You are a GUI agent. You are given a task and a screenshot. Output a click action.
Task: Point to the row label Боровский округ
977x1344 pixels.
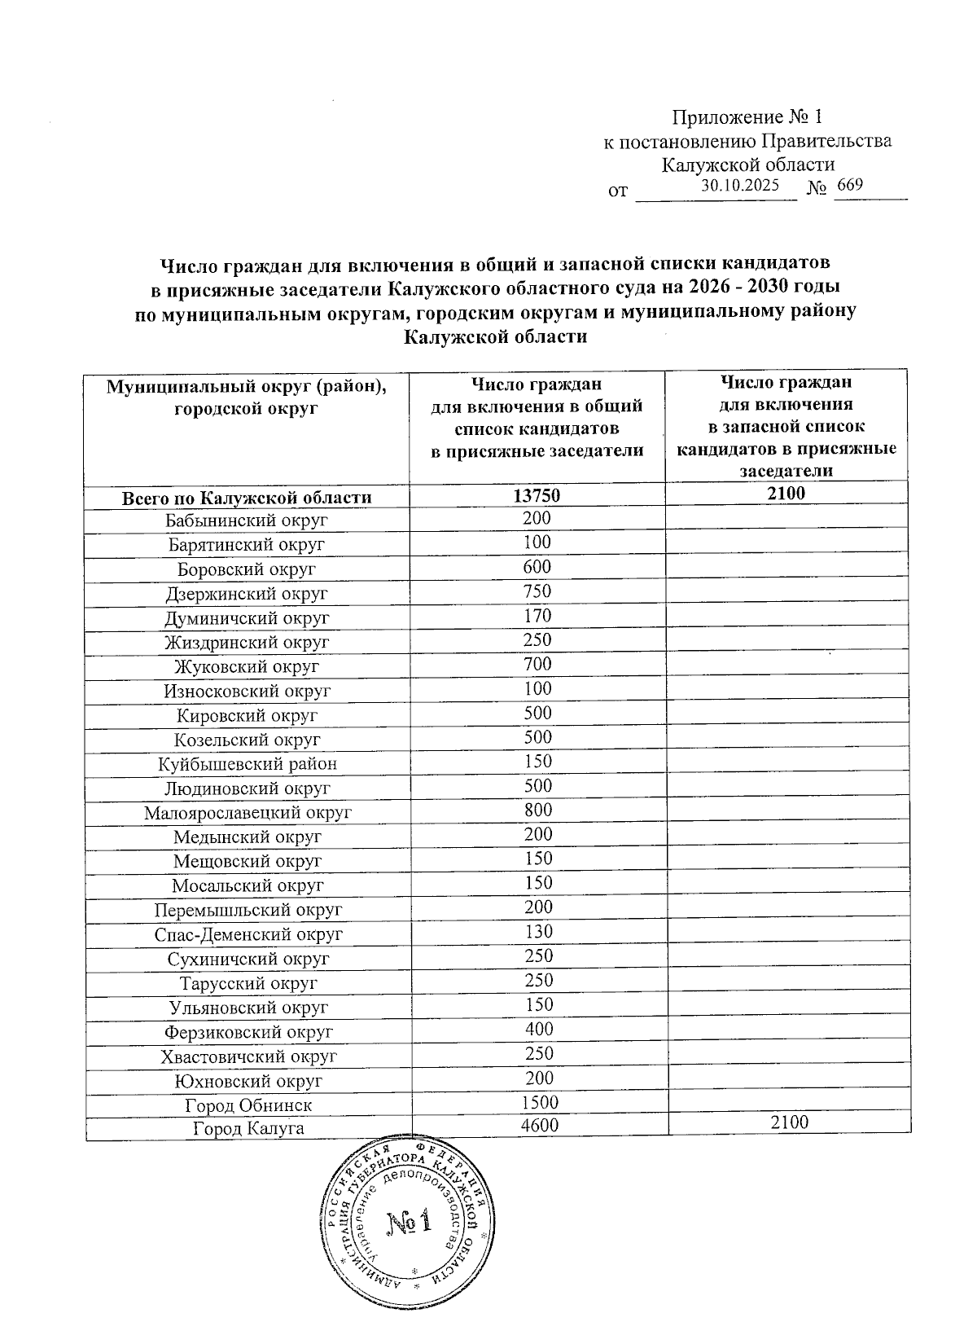(247, 569)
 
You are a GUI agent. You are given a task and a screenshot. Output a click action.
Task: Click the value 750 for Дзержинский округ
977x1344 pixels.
(537, 591)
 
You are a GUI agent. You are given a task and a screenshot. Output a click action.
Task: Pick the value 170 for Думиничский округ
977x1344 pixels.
(537, 616)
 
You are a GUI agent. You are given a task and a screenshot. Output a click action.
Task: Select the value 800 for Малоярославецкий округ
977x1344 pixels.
(537, 810)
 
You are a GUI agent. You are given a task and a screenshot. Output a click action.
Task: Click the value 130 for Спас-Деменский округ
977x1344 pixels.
(537, 931)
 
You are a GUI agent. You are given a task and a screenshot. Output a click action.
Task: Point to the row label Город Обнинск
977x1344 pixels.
(248, 1105)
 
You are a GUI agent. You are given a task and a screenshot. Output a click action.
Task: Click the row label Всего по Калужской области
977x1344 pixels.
(247, 498)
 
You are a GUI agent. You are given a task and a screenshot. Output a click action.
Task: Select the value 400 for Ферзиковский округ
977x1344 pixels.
(537, 1029)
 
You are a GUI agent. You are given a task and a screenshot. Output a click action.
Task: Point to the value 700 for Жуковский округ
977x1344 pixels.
(537, 664)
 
